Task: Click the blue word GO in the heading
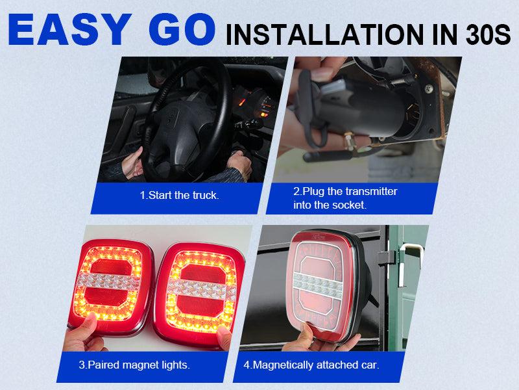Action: click(182, 30)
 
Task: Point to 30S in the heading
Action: click(489, 34)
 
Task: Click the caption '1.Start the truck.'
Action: click(180, 196)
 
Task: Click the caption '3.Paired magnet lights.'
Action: click(134, 365)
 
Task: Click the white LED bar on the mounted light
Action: click(317, 285)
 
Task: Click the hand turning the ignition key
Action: click(239, 162)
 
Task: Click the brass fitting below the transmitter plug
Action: click(349, 141)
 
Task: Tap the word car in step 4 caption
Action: click(370, 365)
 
